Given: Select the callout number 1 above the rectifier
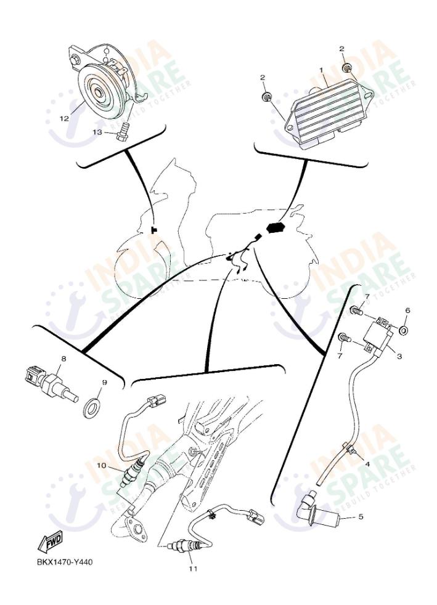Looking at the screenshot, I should click(321, 71).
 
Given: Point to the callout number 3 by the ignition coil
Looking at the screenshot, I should click(399, 357).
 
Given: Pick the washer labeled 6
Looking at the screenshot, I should click(404, 331).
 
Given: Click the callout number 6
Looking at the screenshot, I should click(407, 310).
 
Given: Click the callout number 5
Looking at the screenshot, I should click(361, 517).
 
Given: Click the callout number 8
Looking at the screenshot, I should click(63, 358).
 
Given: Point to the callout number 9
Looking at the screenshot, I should click(104, 383).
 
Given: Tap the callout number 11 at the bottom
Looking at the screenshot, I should click(192, 569).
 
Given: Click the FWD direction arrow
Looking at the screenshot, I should click(50, 542).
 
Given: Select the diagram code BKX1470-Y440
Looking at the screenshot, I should click(65, 562).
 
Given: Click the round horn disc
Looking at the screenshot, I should click(99, 92).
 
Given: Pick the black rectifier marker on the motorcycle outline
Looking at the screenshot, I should click(273, 229).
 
